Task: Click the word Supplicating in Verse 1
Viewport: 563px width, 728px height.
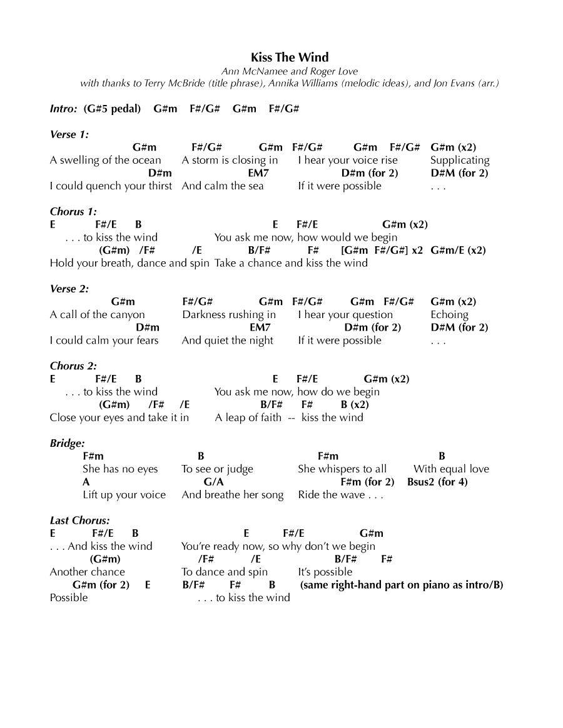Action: pos(460,161)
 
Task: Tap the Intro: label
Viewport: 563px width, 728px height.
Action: pos(64,109)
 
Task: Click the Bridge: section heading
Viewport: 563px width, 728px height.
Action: pos(67,444)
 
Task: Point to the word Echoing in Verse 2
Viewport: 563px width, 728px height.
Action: pos(449,315)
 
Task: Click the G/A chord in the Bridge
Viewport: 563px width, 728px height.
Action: pos(213,482)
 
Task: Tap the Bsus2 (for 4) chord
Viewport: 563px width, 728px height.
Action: pos(437,482)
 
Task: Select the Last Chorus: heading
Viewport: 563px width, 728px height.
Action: pos(80,521)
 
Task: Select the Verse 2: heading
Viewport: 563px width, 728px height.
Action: pos(69,289)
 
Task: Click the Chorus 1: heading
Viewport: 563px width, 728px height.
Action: pos(73,212)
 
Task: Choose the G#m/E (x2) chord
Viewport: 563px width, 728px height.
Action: pos(458,251)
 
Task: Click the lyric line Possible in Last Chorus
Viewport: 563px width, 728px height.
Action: pos(69,598)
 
